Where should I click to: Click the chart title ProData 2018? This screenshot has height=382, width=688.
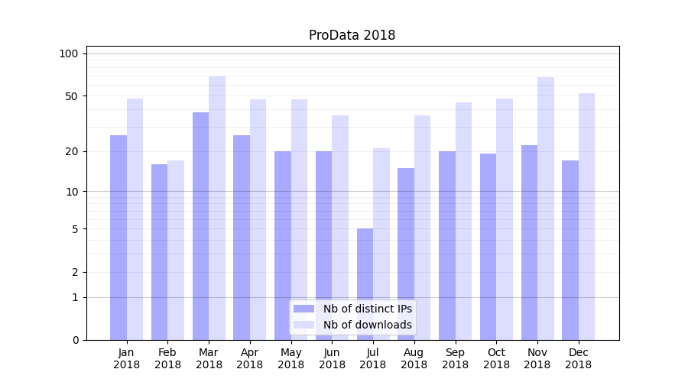click(352, 35)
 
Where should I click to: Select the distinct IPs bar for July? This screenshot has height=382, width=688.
click(365, 284)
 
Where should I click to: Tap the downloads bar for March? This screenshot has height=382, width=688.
click(217, 208)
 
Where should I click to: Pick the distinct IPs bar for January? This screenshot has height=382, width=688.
click(118, 238)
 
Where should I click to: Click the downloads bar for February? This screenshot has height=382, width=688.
click(176, 250)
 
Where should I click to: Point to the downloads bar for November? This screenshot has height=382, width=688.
click(546, 209)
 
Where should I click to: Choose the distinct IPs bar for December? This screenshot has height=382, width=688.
click(570, 250)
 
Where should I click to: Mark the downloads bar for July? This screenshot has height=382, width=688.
click(381, 244)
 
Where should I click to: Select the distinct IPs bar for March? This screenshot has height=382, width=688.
click(200, 226)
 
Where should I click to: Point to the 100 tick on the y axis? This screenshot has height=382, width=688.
click(69, 53)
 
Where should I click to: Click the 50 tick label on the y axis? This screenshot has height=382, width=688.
click(72, 96)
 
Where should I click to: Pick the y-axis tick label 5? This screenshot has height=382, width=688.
click(75, 229)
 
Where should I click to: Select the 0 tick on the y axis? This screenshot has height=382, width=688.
click(75, 340)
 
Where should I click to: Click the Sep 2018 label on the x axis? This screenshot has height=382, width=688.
click(455, 358)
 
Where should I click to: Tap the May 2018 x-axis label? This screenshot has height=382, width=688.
click(290, 358)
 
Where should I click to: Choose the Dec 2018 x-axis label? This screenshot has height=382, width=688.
click(578, 358)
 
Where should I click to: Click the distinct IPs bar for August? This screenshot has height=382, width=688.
click(406, 254)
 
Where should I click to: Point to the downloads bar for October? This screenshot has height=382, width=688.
click(505, 219)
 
